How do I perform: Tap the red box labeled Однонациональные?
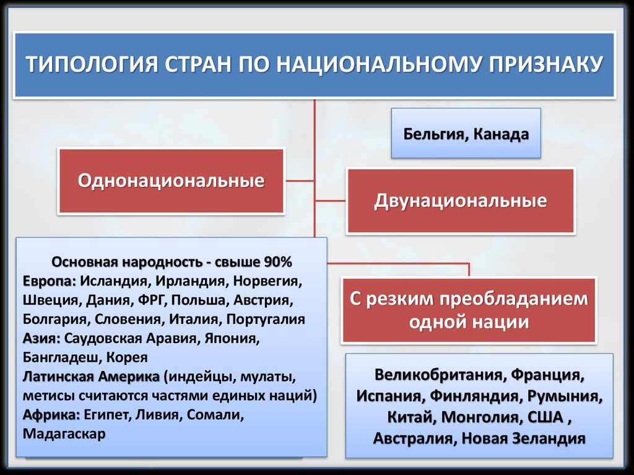(171, 181)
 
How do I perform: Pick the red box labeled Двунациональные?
(460, 201)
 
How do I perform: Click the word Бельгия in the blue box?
(435, 134)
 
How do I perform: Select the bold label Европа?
(50, 281)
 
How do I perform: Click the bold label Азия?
(41, 339)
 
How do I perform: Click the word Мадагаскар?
(64, 434)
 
